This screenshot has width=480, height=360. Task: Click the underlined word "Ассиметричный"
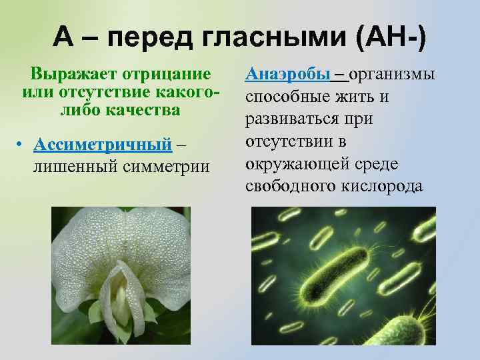pyautogui.click(x=103, y=145)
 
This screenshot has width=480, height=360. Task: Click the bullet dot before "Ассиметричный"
pyautogui.click(x=22, y=147)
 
